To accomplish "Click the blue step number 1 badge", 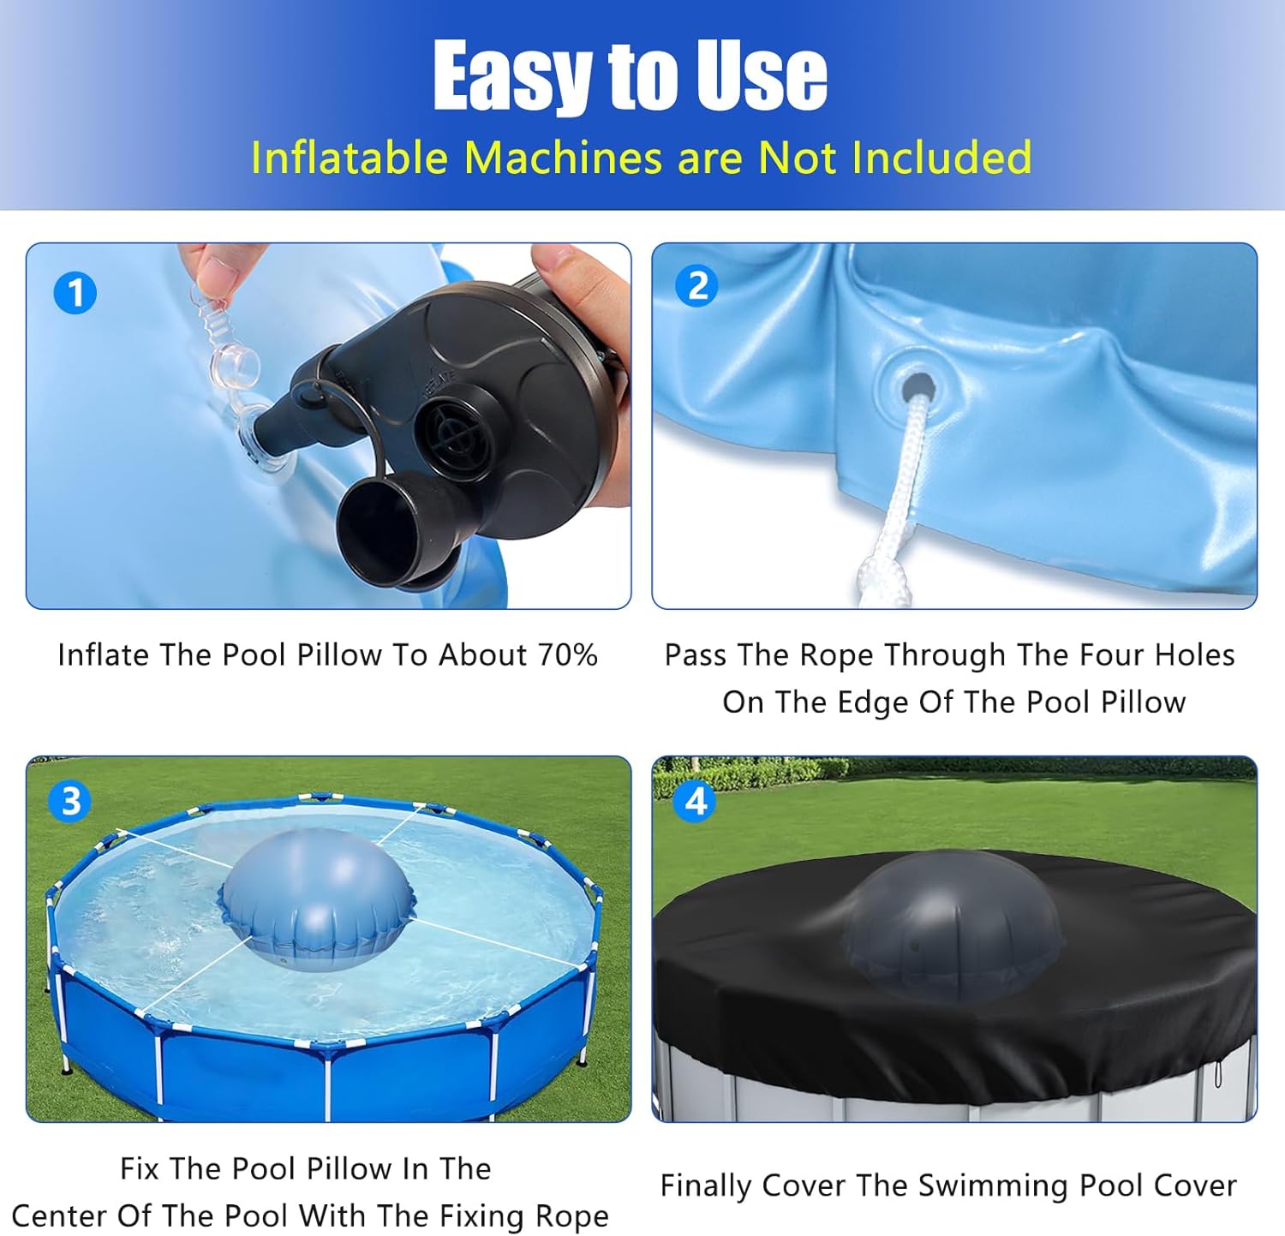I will pos(75,293).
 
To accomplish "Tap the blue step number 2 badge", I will pos(697,285).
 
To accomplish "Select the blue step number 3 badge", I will pos(70,802).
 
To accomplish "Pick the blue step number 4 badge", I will pos(695,802).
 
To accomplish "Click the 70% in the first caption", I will pos(567,655).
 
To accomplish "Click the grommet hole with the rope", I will pos(917,387).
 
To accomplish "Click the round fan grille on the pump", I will pos(454,433).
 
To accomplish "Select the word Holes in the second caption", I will pos(1194,655).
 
